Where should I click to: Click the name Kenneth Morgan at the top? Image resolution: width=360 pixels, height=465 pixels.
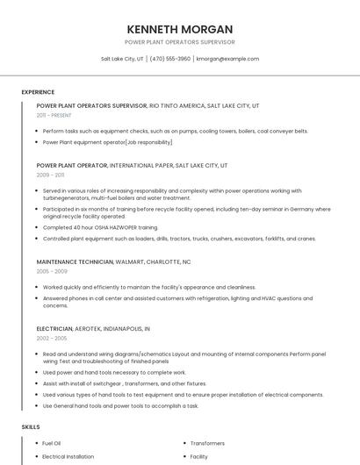pos(179,28)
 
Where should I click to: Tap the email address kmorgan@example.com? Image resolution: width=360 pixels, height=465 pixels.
pos(227,59)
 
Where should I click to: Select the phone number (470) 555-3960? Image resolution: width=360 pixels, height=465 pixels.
pos(170,59)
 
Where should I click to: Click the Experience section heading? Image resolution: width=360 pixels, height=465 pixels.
pos(38,92)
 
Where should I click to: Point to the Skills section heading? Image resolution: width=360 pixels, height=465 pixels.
pos(31,427)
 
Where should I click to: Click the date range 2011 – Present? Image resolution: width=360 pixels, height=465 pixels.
pos(54,115)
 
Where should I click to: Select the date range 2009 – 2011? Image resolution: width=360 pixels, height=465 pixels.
pos(50,175)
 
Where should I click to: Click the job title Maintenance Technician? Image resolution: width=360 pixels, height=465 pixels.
pos(75,261)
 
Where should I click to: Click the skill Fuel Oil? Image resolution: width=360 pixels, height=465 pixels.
pos(52,444)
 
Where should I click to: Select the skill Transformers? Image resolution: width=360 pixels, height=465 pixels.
pos(207,444)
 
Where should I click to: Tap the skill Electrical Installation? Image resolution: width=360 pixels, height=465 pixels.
pos(68,457)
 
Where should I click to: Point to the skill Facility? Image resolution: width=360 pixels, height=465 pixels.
pos(199,457)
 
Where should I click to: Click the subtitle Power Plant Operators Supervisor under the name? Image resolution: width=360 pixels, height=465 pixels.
pos(179,42)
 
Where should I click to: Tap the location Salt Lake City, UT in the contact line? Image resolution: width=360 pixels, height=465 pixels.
pos(122,59)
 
